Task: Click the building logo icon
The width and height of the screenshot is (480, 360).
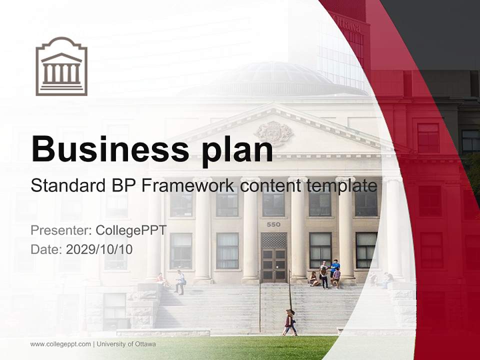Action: tap(61, 66)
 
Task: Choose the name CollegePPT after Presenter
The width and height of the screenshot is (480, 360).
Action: tap(131, 230)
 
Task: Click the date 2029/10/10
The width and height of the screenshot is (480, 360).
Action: tap(99, 249)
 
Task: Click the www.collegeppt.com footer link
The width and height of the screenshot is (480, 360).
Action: tap(60, 344)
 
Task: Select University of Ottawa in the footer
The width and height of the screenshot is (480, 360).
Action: tap(126, 344)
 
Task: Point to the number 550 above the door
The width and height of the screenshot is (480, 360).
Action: tap(273, 224)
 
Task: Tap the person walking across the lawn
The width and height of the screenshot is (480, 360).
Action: tap(289, 322)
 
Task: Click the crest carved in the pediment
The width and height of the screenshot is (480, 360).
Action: tap(273, 133)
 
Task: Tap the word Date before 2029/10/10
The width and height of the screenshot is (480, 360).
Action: tap(46, 249)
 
